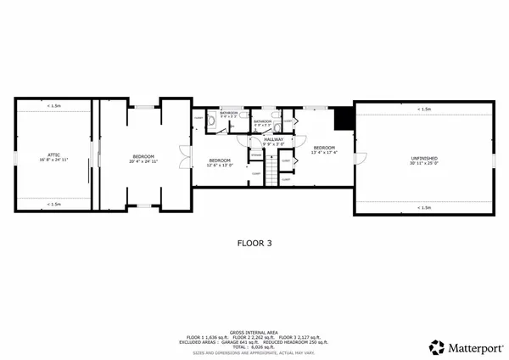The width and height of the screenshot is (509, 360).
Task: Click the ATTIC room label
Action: [x=52, y=155]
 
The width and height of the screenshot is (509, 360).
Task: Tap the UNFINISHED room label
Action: [x=423, y=155]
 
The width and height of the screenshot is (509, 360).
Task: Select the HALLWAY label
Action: [x=273, y=139]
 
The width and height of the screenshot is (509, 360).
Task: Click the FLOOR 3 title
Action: [x=255, y=242]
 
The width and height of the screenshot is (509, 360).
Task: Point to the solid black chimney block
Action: [x=343, y=120]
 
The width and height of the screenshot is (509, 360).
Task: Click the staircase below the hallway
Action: [x=271, y=174]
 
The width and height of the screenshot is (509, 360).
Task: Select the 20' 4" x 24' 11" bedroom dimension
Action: [x=143, y=160]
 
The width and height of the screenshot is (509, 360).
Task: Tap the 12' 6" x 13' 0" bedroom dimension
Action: [x=219, y=165]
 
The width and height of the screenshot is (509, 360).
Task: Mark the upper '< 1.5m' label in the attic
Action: [x=53, y=106]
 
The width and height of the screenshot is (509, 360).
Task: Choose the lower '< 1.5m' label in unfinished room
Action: [x=423, y=207]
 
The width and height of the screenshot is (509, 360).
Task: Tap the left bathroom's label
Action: [x=229, y=113]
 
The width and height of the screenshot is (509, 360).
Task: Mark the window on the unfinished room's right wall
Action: [x=494, y=158]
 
